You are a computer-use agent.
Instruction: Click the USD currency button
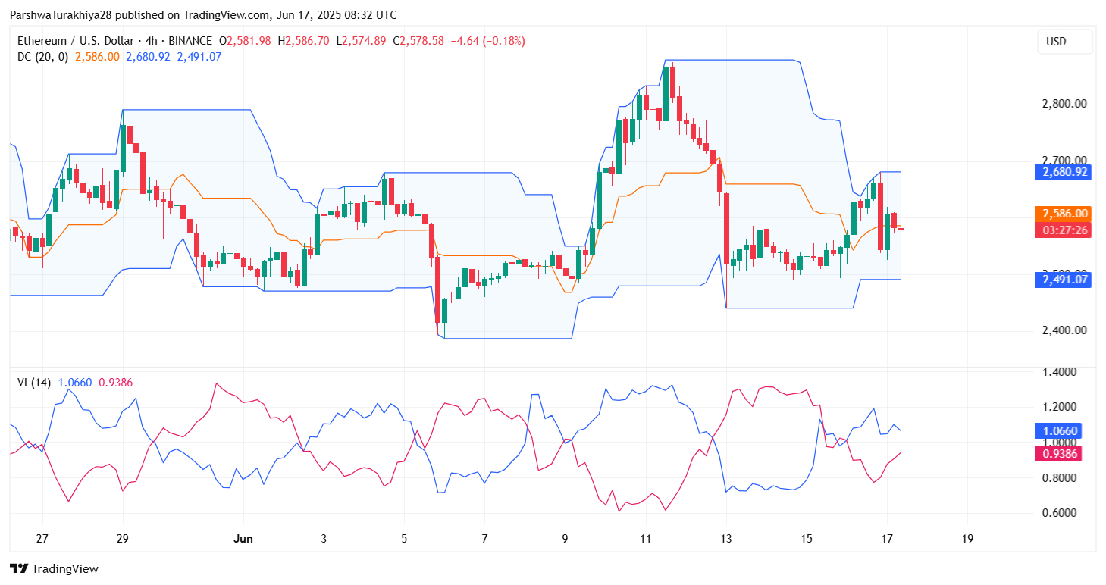pos(1064,42)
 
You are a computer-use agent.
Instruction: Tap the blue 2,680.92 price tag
pos(1063,172)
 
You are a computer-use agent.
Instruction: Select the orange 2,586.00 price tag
pos(1063,214)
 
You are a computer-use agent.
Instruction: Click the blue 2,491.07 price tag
pos(1063,280)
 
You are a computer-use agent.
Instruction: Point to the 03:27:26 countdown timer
pos(1063,230)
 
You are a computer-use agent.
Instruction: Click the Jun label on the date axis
pos(243,539)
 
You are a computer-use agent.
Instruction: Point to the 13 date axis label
pos(725,539)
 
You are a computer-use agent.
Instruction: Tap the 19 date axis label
pos(967,539)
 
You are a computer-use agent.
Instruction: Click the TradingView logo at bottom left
pos(54,568)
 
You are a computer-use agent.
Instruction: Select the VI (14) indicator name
pos(34,383)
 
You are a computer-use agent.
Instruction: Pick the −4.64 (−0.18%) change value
pos(487,41)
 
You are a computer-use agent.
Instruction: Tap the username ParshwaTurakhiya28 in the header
pos(65,15)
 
